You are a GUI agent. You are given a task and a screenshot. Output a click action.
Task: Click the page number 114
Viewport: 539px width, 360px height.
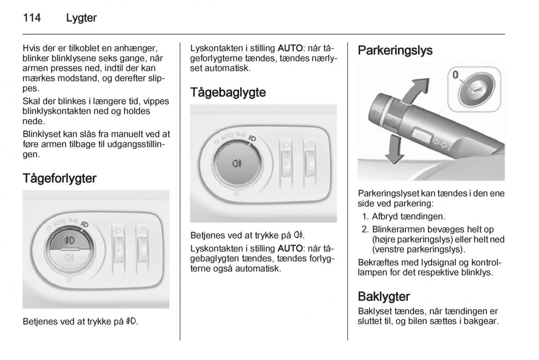pos(32,18)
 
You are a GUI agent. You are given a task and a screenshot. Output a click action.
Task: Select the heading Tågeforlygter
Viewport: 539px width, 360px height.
pos(59,179)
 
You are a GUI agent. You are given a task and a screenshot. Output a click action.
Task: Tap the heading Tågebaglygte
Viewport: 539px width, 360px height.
pos(228,93)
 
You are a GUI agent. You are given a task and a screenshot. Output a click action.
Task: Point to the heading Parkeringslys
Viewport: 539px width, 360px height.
pos(395,50)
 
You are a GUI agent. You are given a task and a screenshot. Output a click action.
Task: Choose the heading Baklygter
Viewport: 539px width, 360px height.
pos(384,297)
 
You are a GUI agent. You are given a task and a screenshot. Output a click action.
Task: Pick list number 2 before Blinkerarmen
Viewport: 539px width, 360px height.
pos(365,229)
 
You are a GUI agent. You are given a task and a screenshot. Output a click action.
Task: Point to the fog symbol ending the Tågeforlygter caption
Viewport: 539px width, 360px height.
pos(132,322)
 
